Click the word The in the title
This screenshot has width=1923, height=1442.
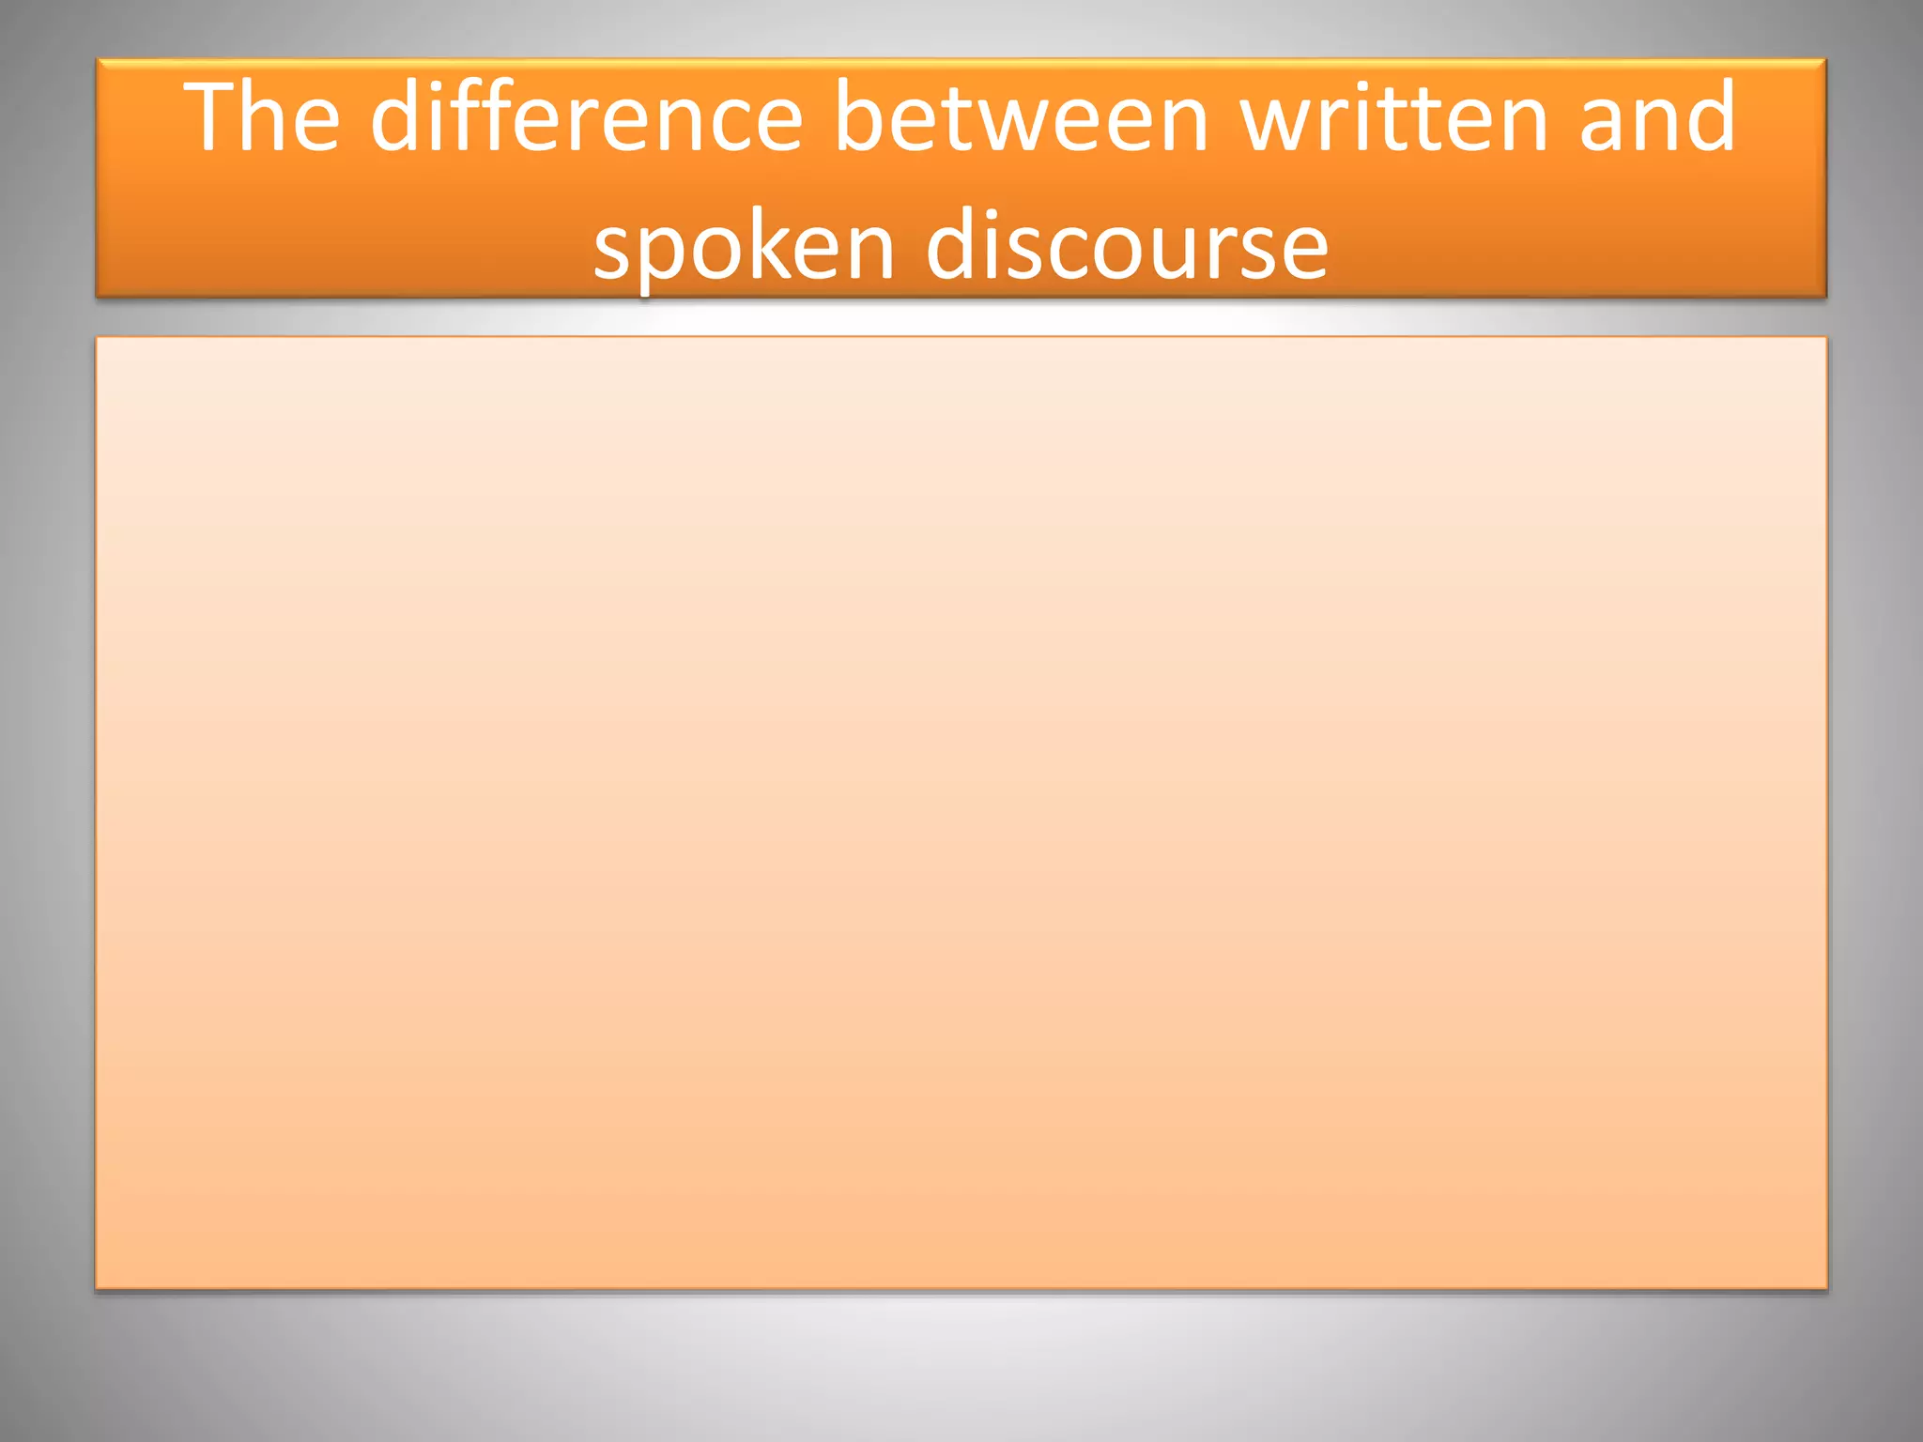tap(262, 116)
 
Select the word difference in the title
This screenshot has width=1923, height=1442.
tap(587, 116)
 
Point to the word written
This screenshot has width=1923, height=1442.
tap(1393, 116)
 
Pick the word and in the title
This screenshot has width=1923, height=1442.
tap(1657, 116)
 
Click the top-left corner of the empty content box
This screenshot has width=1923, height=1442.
tap(97, 338)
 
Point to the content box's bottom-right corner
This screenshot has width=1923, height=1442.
tap(1825, 1287)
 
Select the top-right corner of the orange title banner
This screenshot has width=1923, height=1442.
tap(1824, 61)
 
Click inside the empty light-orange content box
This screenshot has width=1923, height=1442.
tap(961, 812)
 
